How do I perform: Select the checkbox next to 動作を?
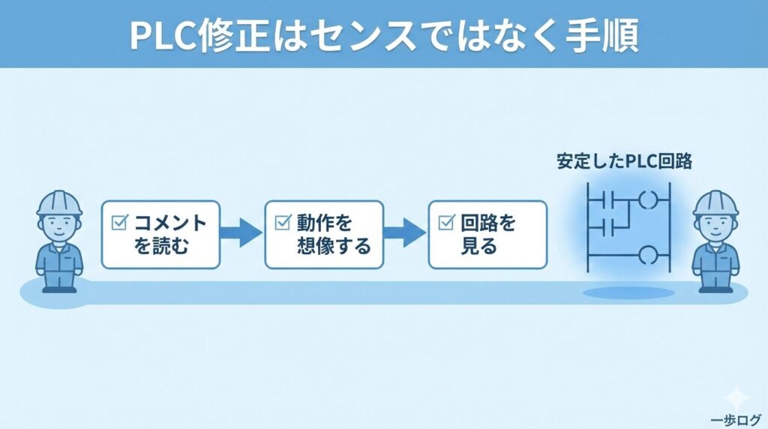(283, 222)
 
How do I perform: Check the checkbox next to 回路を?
(446, 222)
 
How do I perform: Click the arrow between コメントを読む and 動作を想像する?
(241, 233)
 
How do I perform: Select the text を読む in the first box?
(163, 245)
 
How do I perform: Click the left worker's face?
(59, 225)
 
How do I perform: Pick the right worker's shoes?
(714, 288)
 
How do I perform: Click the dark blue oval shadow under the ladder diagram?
(618, 292)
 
